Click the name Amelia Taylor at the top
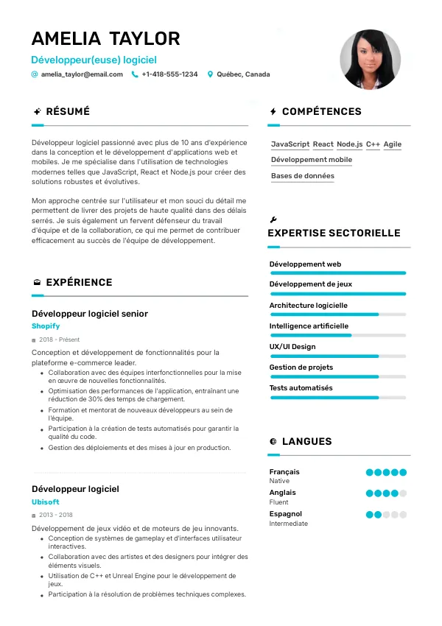point(105,38)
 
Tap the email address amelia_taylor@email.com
point(82,74)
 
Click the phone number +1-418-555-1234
point(169,74)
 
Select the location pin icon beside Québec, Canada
point(210,74)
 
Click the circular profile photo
point(370,60)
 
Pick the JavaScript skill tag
point(290,144)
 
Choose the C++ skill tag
point(373,144)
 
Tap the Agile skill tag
point(393,144)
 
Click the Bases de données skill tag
point(302,176)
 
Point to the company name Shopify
point(46,326)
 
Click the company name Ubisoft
point(46,502)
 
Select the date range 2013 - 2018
point(56,515)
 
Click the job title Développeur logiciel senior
point(90,313)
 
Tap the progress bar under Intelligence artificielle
point(337,335)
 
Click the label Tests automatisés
point(301,388)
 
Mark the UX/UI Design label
point(292,347)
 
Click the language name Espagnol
point(286,514)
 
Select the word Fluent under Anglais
point(279,502)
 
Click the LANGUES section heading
point(306,442)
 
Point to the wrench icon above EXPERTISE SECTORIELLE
point(273,219)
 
